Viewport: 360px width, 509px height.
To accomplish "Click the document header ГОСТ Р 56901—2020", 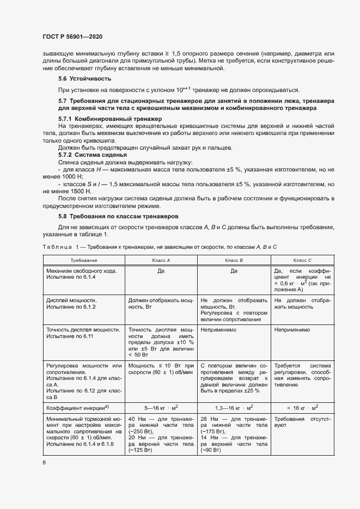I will point(72,36).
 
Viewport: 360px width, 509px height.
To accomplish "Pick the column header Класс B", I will point(234,260).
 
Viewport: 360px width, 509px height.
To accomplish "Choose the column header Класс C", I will point(302,260).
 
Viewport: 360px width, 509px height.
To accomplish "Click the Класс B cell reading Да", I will point(234,271).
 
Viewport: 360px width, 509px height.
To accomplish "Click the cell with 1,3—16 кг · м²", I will point(234,407).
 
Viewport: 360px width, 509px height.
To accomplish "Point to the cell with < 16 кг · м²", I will point(302,407).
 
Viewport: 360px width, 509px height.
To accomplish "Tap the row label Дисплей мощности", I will point(71,301).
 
